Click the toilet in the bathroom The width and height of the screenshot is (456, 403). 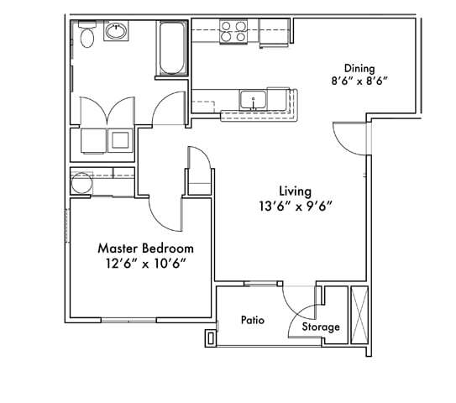tap(85, 38)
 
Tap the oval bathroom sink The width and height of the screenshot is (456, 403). tap(115, 33)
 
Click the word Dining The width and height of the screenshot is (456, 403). tap(359, 69)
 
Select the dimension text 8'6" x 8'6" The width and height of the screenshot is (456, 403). tap(359, 83)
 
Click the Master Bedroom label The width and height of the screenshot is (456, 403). tap(145, 249)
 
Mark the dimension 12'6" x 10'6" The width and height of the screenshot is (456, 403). tap(145, 264)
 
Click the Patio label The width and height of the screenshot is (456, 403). tap(254, 320)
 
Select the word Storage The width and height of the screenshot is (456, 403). tap(321, 327)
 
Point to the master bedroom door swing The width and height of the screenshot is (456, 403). tap(165, 215)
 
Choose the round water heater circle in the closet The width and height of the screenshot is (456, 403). tap(81, 182)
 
